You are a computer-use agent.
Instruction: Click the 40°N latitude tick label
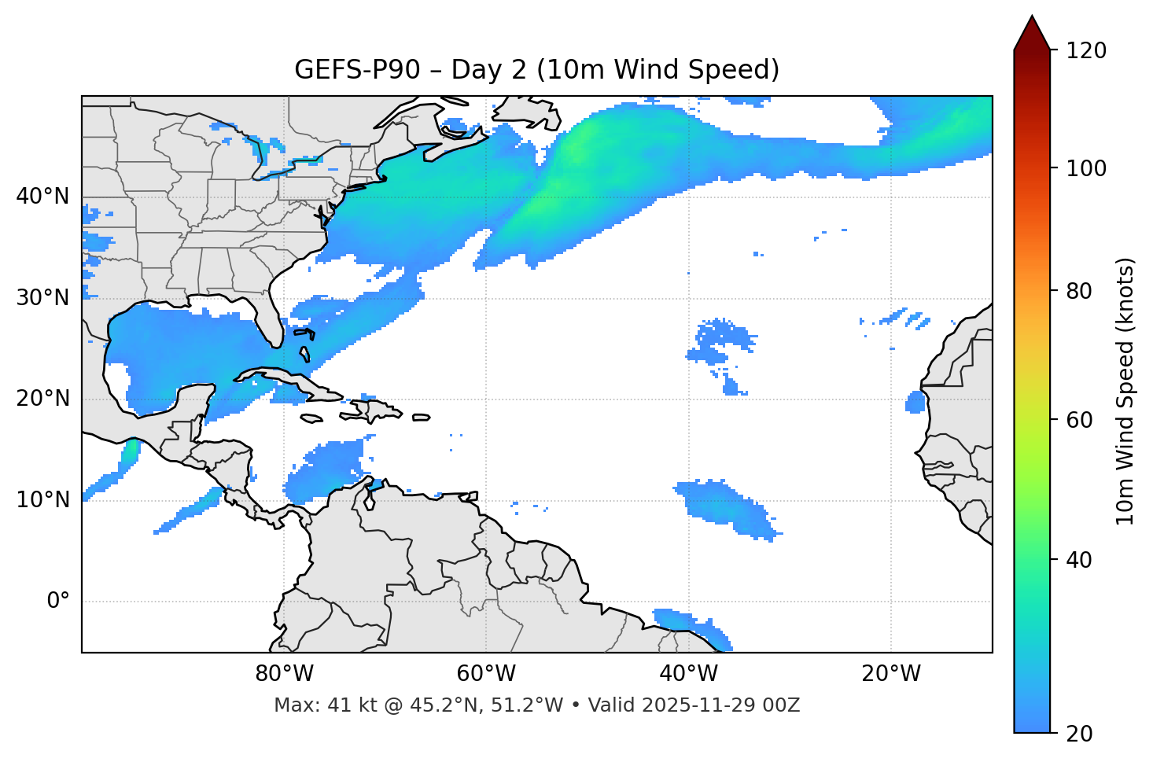(x=42, y=197)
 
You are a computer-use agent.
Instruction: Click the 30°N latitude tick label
(x=42, y=298)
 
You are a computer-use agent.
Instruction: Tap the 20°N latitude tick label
(x=42, y=399)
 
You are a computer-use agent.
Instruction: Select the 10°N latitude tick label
(x=42, y=500)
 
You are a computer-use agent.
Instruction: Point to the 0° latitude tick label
(x=57, y=602)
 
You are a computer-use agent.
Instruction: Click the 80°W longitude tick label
(x=284, y=674)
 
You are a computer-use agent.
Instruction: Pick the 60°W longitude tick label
(x=486, y=674)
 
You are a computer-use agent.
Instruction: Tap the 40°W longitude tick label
(x=688, y=674)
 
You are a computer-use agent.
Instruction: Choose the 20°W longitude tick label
(x=890, y=674)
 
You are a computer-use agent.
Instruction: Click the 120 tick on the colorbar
(x=1085, y=51)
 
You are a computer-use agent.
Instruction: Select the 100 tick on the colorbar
(x=1085, y=168)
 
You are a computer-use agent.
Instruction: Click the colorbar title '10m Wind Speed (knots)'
(x=1125, y=391)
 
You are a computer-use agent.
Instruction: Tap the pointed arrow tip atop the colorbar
(x=1032, y=19)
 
